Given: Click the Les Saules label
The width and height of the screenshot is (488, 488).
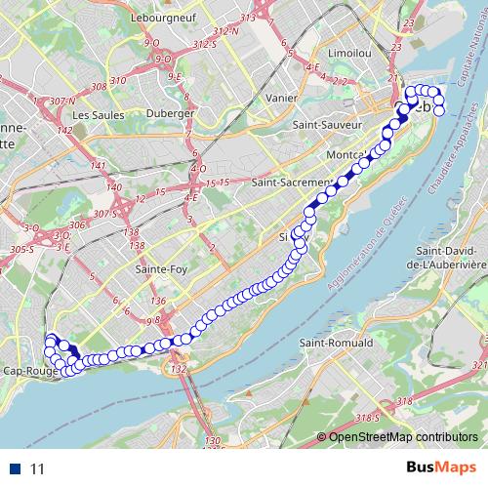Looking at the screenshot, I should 94,114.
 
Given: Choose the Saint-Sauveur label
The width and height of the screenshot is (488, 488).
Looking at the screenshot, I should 330,126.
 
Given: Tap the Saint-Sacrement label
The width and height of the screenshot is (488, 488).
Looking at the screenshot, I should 284,183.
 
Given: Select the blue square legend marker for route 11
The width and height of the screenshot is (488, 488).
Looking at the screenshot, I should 17,469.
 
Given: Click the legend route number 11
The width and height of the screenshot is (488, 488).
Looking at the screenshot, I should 38,469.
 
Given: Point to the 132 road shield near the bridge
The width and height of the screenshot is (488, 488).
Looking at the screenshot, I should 177,370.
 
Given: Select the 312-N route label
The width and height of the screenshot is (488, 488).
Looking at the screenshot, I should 226,31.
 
